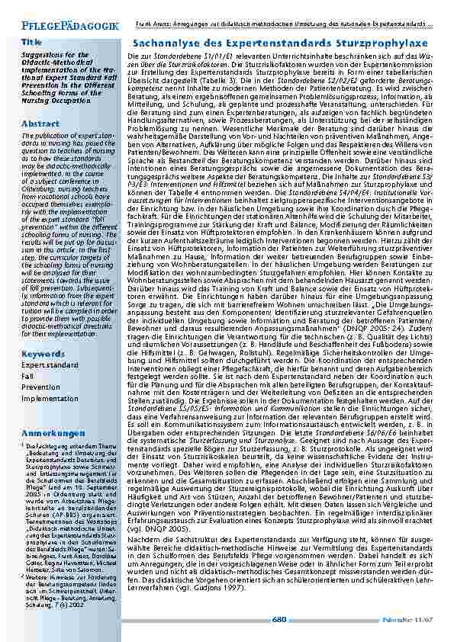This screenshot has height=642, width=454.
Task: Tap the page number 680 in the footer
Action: click(x=279, y=619)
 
